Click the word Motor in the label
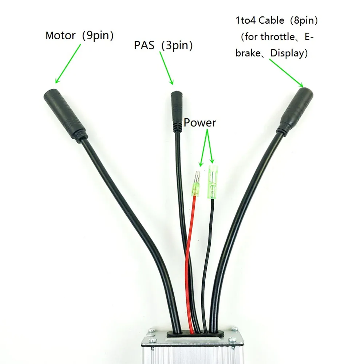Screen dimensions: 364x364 pyautogui.click(x=60, y=36)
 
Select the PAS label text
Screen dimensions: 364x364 pyautogui.click(x=144, y=45)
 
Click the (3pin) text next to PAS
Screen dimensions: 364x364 pyautogui.click(x=177, y=45)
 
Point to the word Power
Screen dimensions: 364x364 pyautogui.click(x=199, y=123)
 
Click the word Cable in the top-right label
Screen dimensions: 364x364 pyautogui.click(x=271, y=20)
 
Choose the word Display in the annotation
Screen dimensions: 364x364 pyautogui.click(x=287, y=54)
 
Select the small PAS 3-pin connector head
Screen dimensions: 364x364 pyautogui.click(x=177, y=112)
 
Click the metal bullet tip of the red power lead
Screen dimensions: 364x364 pyautogui.click(x=198, y=177)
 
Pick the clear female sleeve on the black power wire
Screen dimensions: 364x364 pyautogui.click(x=213, y=182)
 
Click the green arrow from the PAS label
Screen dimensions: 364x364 pyautogui.click(x=166, y=68)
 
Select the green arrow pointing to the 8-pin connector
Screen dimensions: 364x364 pyautogui.click(x=286, y=73)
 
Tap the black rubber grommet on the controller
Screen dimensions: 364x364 pyautogui.click(x=195, y=333)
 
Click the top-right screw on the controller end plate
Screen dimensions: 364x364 pyautogui.click(x=234, y=329)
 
